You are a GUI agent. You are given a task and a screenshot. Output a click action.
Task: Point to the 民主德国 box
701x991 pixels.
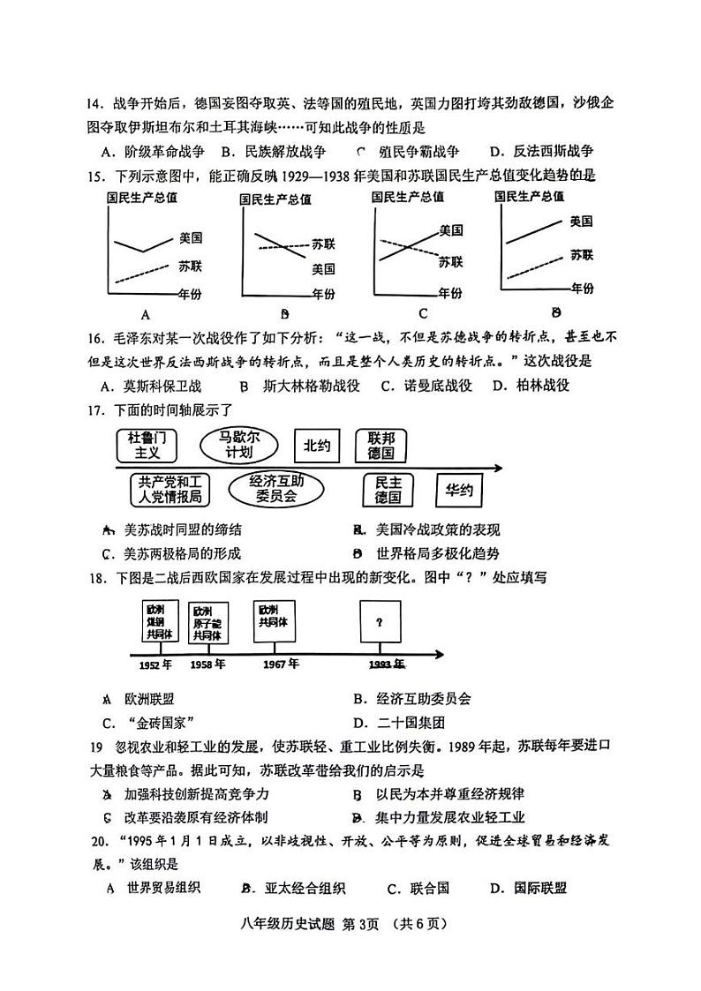pos(388,490)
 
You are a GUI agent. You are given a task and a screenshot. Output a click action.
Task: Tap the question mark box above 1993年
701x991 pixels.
pos(380,622)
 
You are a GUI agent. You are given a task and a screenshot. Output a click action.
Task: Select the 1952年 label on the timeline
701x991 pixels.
pos(156,664)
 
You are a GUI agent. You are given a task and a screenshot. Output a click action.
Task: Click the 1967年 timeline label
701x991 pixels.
pos(280,664)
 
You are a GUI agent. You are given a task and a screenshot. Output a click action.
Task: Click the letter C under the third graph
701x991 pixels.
pos(423,312)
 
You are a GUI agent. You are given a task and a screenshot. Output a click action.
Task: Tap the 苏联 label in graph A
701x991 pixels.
pos(189,265)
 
